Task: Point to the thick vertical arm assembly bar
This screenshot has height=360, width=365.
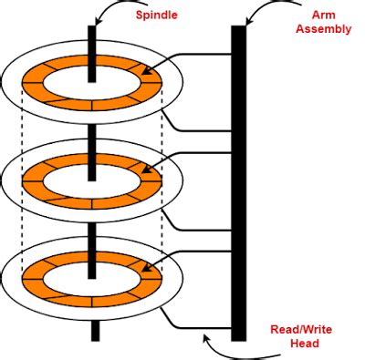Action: coord(238,182)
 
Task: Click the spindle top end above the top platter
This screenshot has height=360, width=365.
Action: coord(92,41)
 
